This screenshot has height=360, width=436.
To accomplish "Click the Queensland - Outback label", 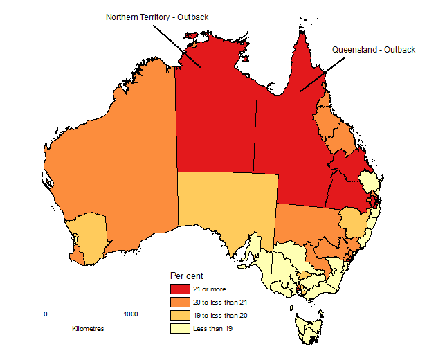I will pyautogui.click(x=373, y=50).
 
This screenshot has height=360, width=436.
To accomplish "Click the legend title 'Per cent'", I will pyautogui.click(x=186, y=276).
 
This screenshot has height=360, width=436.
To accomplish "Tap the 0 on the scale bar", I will pyautogui.click(x=46, y=314).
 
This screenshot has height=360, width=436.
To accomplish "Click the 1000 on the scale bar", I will pyautogui.click(x=130, y=314).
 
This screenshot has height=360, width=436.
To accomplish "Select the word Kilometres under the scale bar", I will pyautogui.click(x=88, y=329).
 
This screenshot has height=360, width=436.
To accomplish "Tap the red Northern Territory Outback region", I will pyautogui.click(x=215, y=118).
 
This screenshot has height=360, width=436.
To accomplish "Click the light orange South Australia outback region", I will pyautogui.click(x=225, y=201).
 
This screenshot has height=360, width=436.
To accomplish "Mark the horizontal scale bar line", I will pyautogui.click(x=88, y=323).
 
